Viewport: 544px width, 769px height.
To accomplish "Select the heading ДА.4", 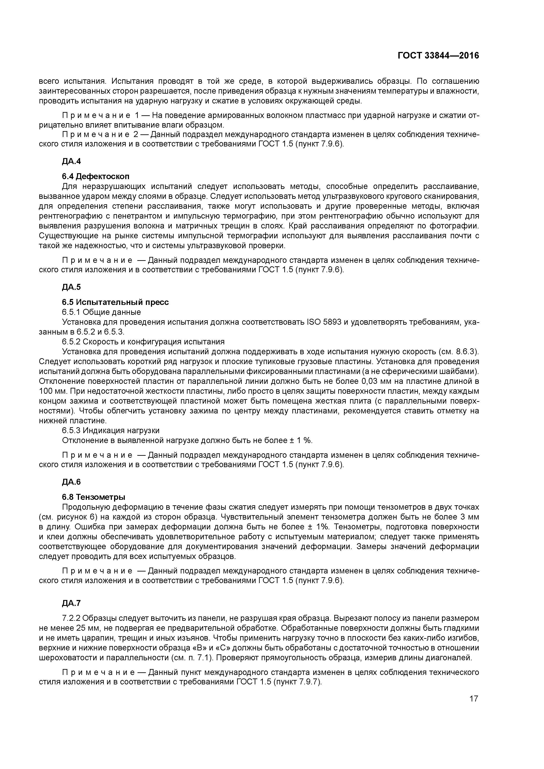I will click(x=71, y=161).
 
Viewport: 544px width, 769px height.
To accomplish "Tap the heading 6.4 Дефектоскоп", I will click(x=95, y=176).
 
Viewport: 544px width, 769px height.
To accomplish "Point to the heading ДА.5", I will click(x=71, y=287).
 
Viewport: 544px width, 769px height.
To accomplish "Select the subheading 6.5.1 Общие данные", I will click(x=101, y=312).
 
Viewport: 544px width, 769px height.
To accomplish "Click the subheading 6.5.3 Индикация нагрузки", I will click(x=111, y=430).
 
